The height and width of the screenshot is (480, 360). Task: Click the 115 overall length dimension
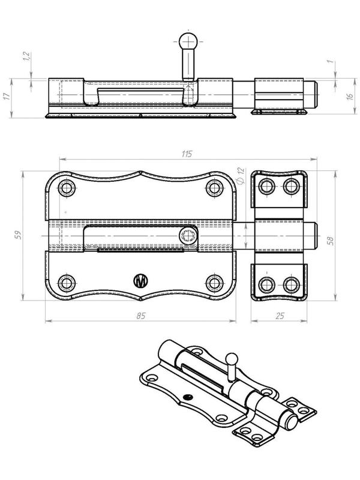tap(186, 154)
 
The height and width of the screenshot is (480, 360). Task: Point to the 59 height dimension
tap(17, 235)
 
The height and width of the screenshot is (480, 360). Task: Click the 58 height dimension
tap(329, 239)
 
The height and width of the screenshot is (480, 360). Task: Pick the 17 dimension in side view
tap(7, 96)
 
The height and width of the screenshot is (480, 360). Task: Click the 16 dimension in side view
tap(349, 96)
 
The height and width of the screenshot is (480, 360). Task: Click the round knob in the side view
tap(188, 42)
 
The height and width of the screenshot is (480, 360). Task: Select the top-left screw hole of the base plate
tap(67, 188)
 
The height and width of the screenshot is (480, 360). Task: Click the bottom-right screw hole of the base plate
tap(214, 282)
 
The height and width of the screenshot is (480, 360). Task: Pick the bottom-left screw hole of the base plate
tap(67, 282)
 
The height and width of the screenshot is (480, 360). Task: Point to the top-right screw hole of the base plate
tap(214, 188)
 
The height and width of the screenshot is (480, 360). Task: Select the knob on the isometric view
tap(232, 359)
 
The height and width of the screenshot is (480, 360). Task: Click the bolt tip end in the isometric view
tap(292, 422)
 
